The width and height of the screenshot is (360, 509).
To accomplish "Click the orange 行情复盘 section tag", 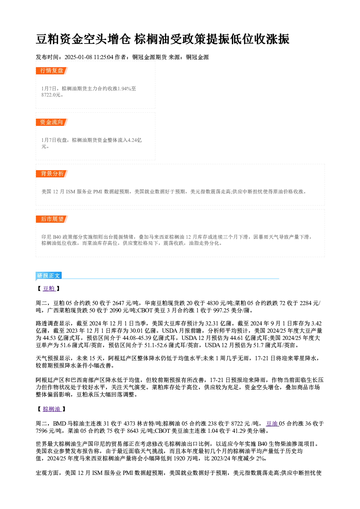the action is pos(52,71).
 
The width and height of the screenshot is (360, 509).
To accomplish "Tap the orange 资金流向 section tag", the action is pos(52,122).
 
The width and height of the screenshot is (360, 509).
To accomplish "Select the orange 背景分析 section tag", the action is pos(52,174).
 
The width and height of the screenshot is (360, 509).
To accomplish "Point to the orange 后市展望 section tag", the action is pos(52,219).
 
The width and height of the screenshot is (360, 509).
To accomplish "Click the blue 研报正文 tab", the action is pos(49,276).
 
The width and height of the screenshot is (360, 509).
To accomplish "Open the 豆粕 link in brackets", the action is pos(49,288).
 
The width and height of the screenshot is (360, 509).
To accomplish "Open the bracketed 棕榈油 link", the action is pos(52,409).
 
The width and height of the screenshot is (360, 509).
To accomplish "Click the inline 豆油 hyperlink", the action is pos(272,423).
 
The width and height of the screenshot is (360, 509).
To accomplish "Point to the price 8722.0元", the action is pos(51,95).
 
